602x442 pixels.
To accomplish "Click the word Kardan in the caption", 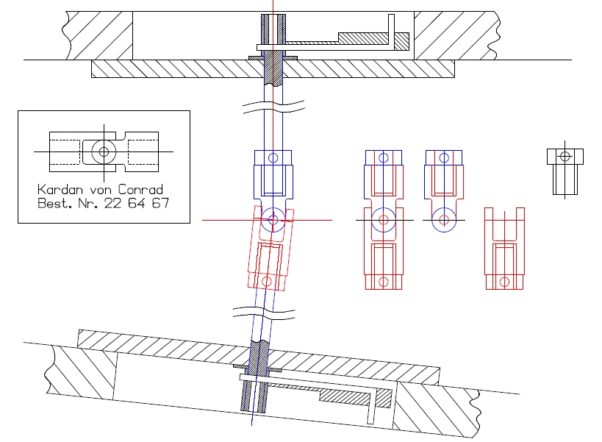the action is (x=60, y=189).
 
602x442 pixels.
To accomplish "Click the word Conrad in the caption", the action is (x=140, y=189).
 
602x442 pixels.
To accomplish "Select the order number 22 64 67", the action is (x=136, y=203).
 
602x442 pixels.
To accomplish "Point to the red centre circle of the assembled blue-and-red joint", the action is (x=384, y=220).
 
